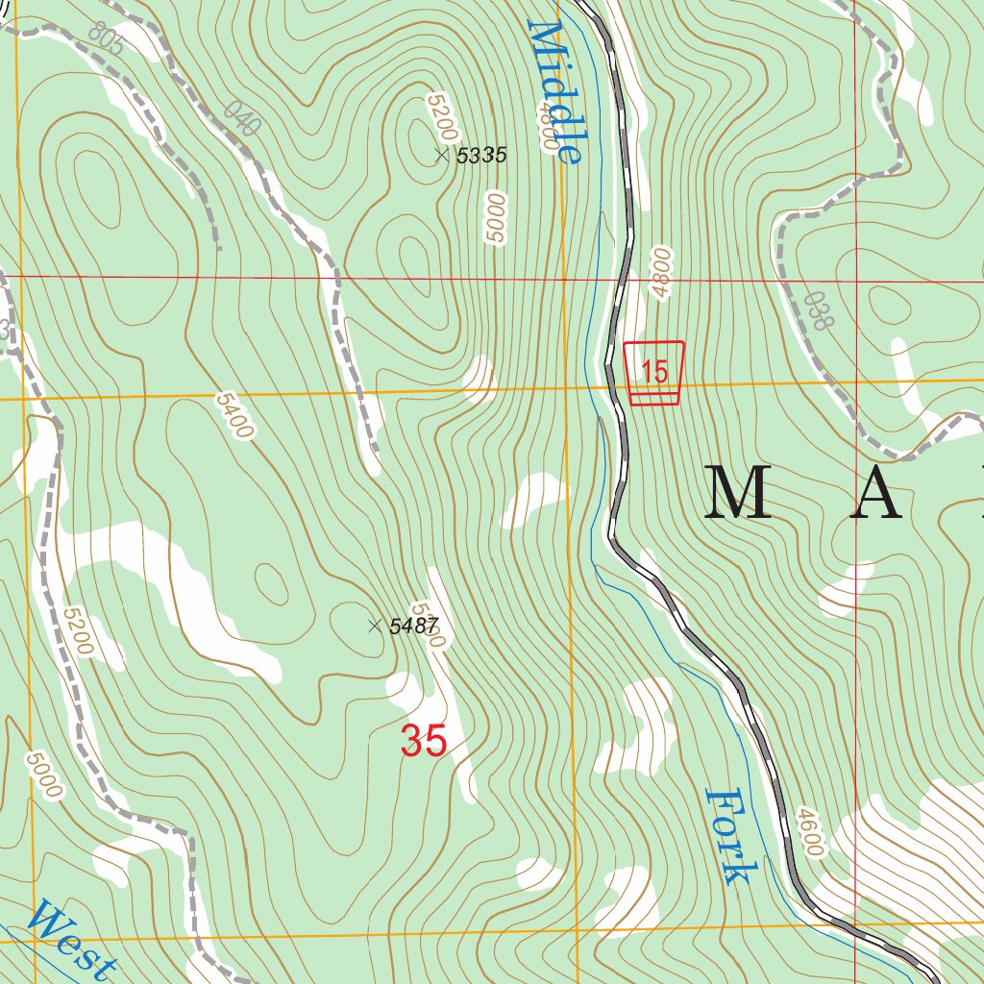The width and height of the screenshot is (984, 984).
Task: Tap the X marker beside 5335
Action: [x=442, y=155]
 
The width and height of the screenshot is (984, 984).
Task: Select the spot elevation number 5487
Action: [x=414, y=627]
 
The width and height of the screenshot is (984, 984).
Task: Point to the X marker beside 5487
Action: [x=375, y=627]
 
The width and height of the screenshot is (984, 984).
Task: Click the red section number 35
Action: [x=424, y=741]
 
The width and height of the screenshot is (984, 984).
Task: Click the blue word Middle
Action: [x=555, y=92]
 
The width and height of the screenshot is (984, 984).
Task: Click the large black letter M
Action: [x=739, y=492]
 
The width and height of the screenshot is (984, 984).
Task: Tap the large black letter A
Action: [x=875, y=492]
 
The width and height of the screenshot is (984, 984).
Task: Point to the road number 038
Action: [x=816, y=310]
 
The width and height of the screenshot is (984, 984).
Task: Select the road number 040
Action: [x=242, y=117]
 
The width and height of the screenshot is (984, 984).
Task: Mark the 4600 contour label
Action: [x=810, y=832]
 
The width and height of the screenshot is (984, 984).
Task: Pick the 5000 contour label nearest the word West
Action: [x=44, y=775]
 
